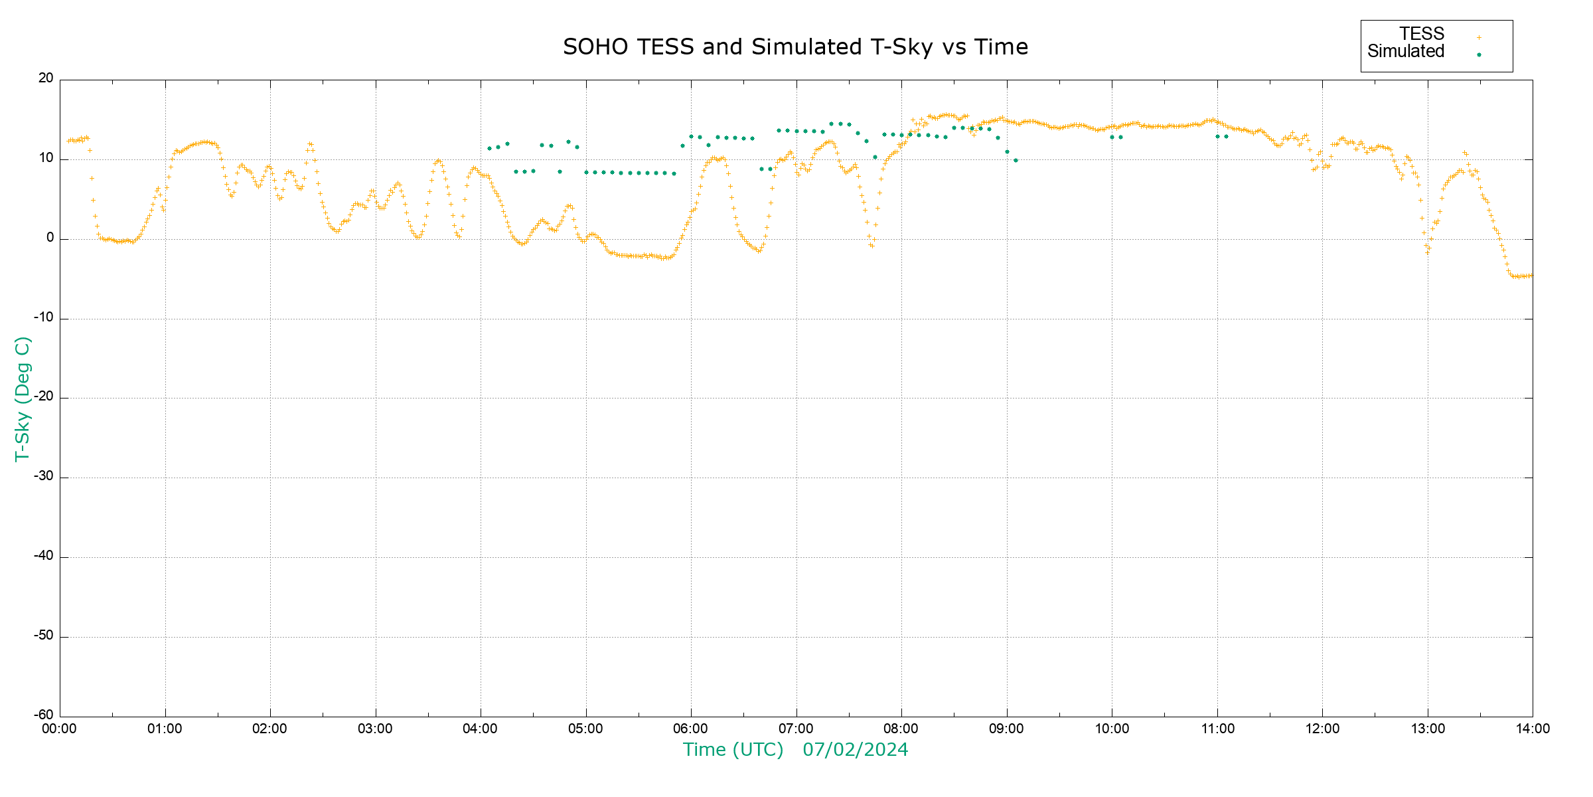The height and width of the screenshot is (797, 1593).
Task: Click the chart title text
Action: tap(795, 47)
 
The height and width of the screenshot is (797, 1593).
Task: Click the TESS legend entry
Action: tap(1422, 34)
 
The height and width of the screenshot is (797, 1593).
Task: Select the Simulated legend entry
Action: tap(1406, 52)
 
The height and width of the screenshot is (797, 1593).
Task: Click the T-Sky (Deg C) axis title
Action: tap(23, 398)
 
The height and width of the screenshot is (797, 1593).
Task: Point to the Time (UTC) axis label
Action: tap(733, 750)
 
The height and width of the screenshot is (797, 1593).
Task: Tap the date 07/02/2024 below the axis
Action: tap(855, 750)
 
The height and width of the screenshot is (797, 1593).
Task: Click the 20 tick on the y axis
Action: tap(46, 78)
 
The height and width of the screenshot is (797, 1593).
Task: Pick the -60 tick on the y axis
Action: tap(44, 715)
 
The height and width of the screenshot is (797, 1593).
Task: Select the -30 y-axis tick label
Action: tap(44, 477)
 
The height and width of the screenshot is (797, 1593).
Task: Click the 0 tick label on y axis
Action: tap(50, 238)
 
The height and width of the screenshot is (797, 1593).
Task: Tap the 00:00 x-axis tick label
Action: tap(60, 729)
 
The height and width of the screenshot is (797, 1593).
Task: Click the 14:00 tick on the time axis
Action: tap(1533, 729)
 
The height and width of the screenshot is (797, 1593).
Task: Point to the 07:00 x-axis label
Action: tap(796, 729)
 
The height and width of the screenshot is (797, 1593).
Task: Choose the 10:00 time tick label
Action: tap(1112, 729)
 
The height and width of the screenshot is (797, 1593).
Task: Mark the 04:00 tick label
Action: tap(481, 729)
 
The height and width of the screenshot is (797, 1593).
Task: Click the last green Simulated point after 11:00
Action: tap(1226, 137)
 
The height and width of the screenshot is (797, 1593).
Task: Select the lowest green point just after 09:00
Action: tap(1016, 161)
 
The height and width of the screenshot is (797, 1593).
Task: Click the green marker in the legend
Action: tap(1479, 54)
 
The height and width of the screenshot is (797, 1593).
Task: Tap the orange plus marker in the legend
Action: tap(1479, 37)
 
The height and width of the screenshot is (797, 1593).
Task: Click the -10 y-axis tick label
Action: tap(44, 317)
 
